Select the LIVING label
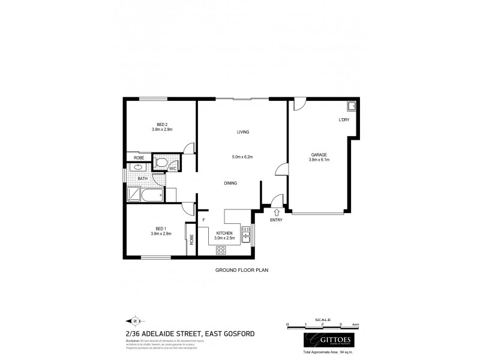243,132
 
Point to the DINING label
231,184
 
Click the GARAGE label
319,154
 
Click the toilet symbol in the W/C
161,163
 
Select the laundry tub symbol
352,107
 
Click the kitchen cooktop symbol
221,250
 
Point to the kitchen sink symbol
245,237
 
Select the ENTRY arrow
277,211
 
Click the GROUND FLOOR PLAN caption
241,270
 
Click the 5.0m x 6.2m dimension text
243,157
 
